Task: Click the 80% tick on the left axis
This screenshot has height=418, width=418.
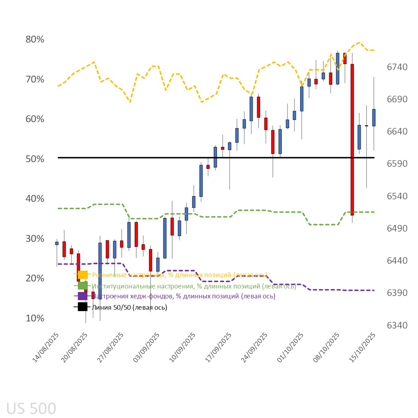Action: point(35,39)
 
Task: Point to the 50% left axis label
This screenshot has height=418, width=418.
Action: point(35,159)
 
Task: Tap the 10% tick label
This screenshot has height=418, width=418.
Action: point(35,318)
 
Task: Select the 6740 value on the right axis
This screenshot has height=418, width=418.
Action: point(397,67)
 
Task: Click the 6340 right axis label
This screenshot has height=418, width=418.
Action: point(397,325)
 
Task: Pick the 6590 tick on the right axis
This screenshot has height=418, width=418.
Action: point(397,164)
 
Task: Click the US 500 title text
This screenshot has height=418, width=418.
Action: point(31,408)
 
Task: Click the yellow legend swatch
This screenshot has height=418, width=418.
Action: point(82,275)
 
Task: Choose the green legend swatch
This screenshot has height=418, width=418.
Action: point(82,286)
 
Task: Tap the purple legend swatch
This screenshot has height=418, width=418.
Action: point(82,296)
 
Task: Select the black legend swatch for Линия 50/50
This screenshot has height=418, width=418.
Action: point(82,307)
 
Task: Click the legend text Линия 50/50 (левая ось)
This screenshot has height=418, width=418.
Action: point(129,307)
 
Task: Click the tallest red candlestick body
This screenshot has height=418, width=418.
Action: point(352,139)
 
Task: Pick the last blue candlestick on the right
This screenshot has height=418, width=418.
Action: point(374,118)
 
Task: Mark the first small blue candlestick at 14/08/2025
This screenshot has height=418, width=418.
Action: point(57,243)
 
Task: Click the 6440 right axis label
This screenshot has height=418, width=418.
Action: point(397,260)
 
